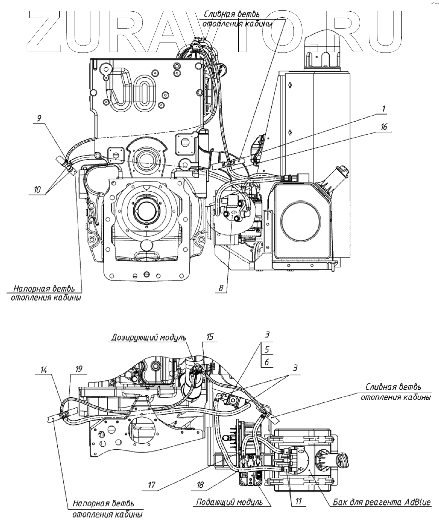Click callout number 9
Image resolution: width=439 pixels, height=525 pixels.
pyautogui.click(x=39, y=118)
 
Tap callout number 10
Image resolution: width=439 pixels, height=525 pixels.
pyautogui.click(x=37, y=189)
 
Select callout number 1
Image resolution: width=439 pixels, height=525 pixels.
pyautogui.click(x=384, y=109)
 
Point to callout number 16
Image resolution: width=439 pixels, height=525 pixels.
pyautogui.click(x=383, y=127)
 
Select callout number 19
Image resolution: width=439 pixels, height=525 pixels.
pyautogui.click(x=79, y=369)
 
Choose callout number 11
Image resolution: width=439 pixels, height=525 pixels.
pyautogui.click(x=299, y=501)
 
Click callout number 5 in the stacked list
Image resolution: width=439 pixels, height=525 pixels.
pyautogui.click(x=267, y=349)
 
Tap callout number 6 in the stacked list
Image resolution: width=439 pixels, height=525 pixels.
pyautogui.click(x=267, y=362)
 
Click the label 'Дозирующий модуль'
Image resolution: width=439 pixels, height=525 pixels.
pyautogui.click(x=149, y=337)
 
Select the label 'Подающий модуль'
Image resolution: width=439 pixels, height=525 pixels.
pyautogui.click(x=229, y=502)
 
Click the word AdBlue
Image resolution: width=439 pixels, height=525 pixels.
pyautogui.click(x=417, y=502)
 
